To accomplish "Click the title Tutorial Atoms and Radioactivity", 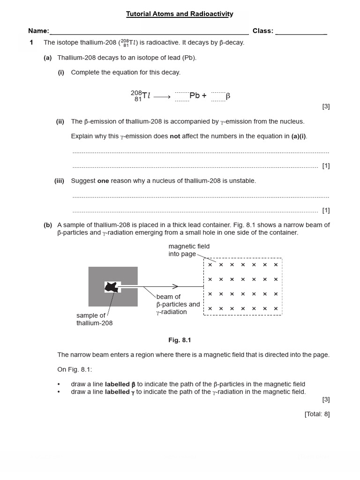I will (x=180, y=14).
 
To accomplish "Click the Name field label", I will (x=38, y=31).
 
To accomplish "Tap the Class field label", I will (x=262, y=31).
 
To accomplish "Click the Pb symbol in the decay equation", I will (x=195, y=96).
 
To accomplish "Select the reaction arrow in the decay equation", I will (x=162, y=97).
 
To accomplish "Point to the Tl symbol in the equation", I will (x=146, y=96).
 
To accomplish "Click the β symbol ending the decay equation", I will (x=228, y=96).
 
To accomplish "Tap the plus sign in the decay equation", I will (x=204, y=96).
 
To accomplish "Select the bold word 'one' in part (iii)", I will (x=103, y=181).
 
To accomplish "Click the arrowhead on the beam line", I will (x=175, y=286).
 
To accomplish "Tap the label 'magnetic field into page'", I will (x=189, y=250).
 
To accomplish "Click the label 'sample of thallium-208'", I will (x=94, y=319).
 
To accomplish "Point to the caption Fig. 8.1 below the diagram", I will (x=180, y=340).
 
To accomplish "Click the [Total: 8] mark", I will (x=317, y=414).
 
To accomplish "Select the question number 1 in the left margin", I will (x=31, y=43).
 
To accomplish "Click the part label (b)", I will (x=48, y=225).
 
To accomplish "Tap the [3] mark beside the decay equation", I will (x=326, y=106).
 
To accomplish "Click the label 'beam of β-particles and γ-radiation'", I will (x=178, y=304).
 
